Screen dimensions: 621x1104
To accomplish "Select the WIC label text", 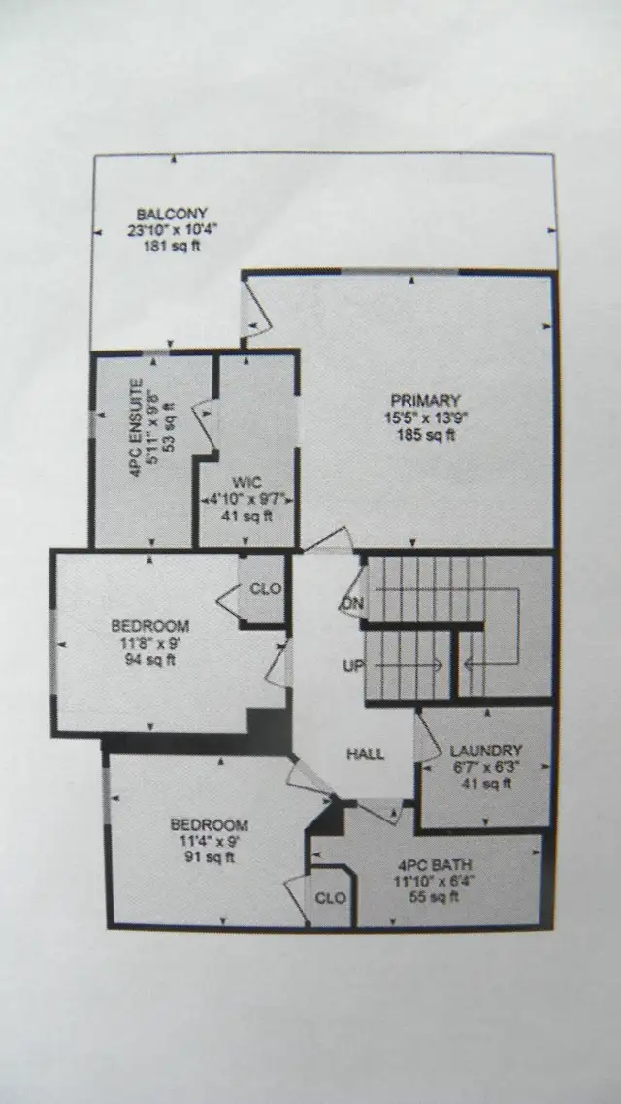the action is pyautogui.click(x=246, y=483).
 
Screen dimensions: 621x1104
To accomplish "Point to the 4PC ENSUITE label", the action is pyautogui.click(x=137, y=428).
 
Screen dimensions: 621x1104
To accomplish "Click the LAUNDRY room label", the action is pyautogui.click(x=486, y=751).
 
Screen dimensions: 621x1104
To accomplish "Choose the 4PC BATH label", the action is pyautogui.click(x=435, y=865).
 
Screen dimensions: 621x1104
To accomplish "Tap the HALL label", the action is pyautogui.click(x=366, y=754).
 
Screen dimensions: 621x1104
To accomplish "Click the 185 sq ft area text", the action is pyautogui.click(x=427, y=434).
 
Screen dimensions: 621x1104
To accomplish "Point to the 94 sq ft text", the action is pyautogui.click(x=150, y=659).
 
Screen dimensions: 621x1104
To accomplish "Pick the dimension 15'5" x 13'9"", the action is pyautogui.click(x=426, y=417).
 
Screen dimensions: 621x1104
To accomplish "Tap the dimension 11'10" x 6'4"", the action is pyautogui.click(x=435, y=882).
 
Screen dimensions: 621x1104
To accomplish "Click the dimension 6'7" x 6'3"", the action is pyautogui.click(x=486, y=767).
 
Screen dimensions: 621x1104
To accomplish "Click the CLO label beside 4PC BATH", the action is pyautogui.click(x=330, y=898).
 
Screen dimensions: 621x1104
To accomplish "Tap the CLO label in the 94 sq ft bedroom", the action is pyautogui.click(x=266, y=588).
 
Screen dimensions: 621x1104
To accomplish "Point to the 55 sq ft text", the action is pyautogui.click(x=435, y=898).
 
